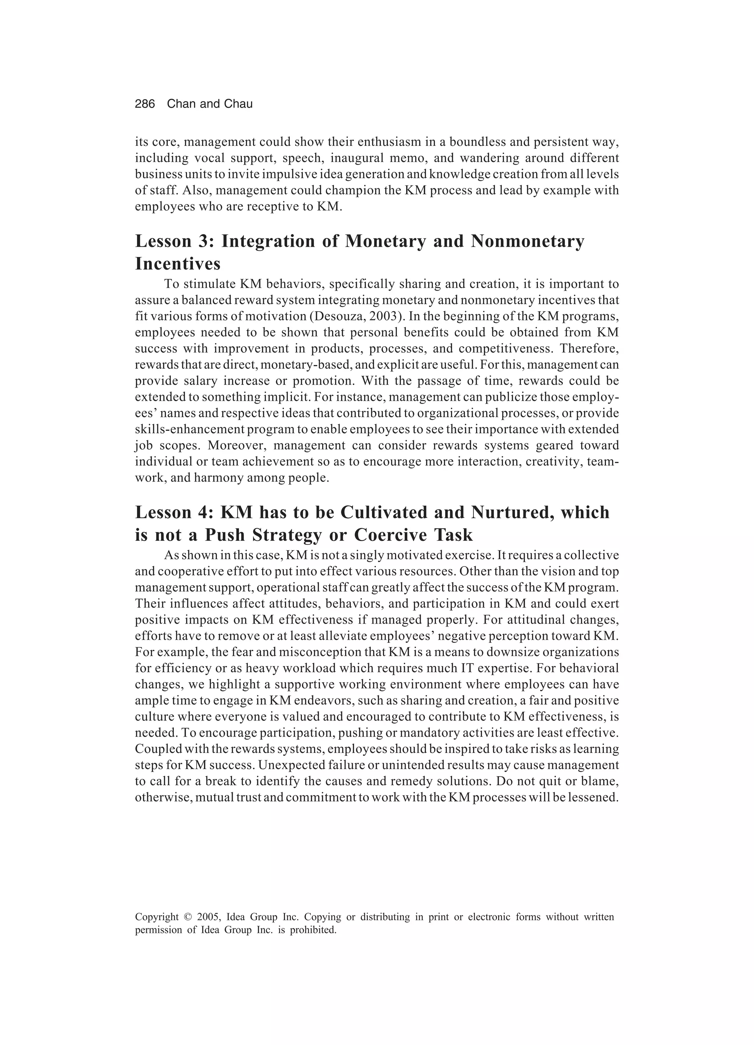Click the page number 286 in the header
tap(145, 104)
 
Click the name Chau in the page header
tap(238, 104)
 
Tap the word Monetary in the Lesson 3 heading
tap(385, 241)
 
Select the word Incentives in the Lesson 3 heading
tap(178, 264)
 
